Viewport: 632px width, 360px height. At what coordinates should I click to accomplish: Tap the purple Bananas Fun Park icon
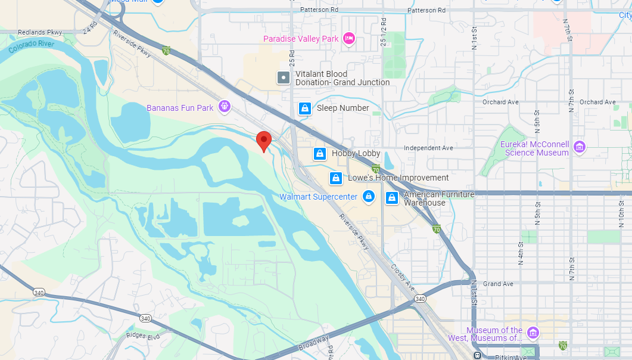(225, 107)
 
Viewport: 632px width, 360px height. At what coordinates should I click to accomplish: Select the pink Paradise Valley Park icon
(349, 39)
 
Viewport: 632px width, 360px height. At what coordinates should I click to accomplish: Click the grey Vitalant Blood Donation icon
(284, 77)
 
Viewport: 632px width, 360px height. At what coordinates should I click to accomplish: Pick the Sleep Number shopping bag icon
(304, 108)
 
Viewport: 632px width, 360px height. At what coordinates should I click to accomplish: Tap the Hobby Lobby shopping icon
(320, 154)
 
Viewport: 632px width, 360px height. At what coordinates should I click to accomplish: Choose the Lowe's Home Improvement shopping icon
(336, 178)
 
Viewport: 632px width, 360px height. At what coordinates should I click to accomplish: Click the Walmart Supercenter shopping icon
(369, 196)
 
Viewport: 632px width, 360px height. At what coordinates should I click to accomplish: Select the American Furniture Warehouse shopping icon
(392, 198)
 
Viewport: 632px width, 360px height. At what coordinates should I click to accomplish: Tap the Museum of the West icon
(533, 332)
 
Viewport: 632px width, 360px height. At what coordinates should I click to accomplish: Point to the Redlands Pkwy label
(39, 32)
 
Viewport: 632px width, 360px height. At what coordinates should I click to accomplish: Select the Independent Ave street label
(428, 148)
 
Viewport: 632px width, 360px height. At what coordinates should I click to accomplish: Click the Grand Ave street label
(499, 284)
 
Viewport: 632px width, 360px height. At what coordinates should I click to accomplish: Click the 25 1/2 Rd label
(384, 26)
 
